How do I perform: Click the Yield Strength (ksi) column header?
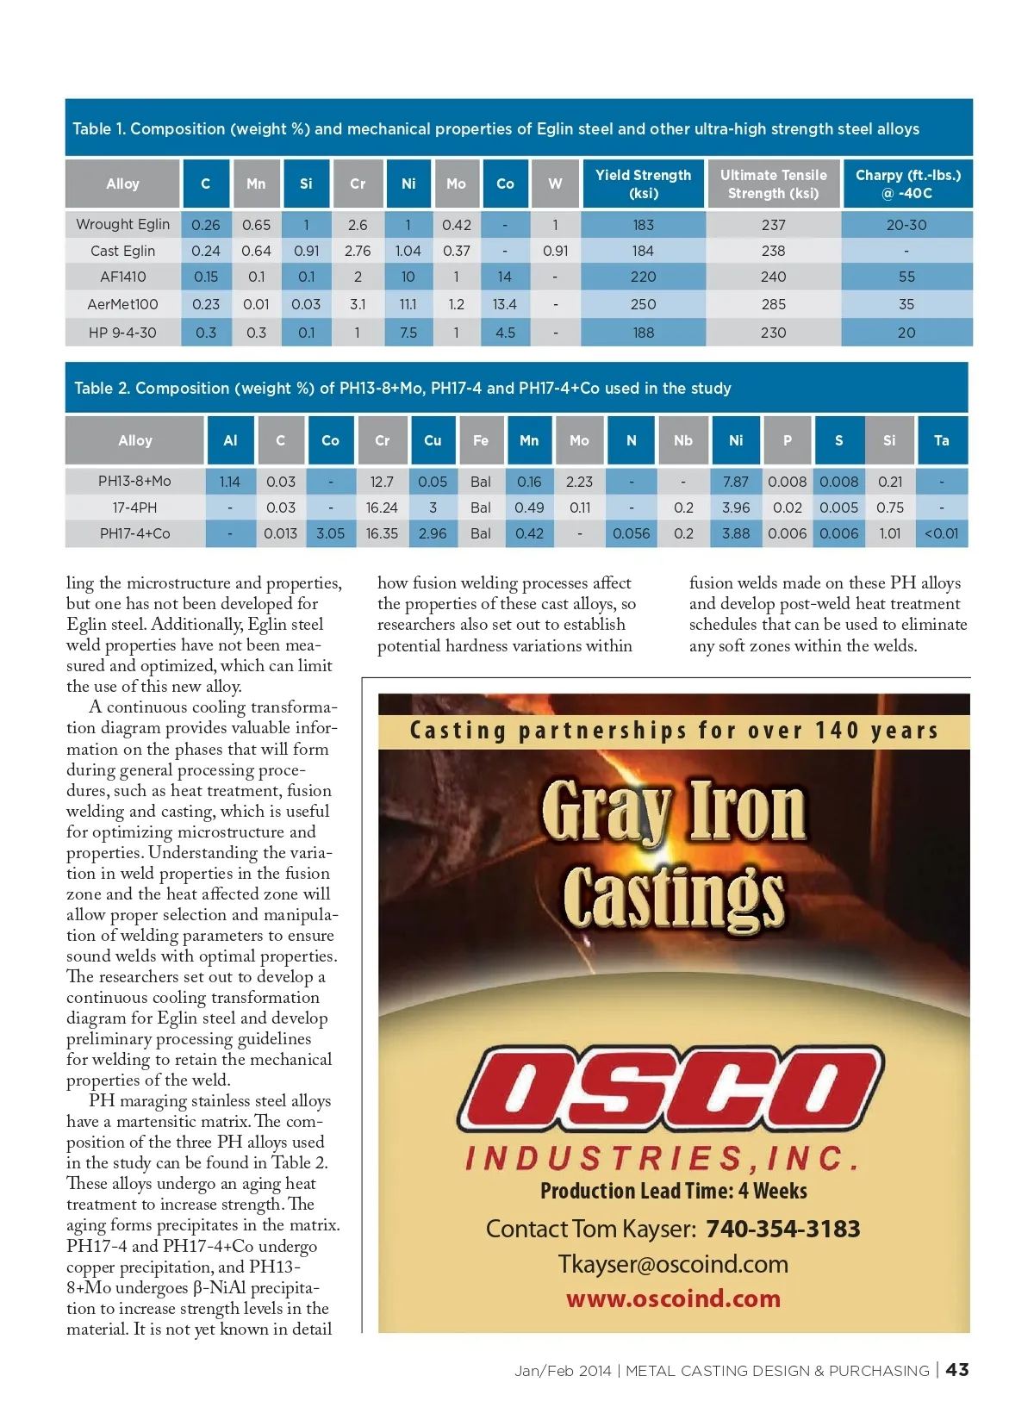click(x=643, y=184)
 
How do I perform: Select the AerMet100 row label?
click(x=122, y=304)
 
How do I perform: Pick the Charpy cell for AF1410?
click(x=906, y=277)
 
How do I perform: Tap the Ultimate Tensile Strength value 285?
click(x=773, y=304)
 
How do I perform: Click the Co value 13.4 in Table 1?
click(x=504, y=304)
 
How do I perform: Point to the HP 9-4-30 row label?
click(x=122, y=333)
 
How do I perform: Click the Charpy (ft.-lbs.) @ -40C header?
click(x=907, y=184)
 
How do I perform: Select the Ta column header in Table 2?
click(x=941, y=440)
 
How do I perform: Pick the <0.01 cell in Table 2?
click(x=941, y=533)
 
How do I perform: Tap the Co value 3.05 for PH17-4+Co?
click(x=330, y=533)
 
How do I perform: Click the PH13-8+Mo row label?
click(x=134, y=482)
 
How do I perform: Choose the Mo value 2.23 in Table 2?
click(x=579, y=482)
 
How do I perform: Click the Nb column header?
click(x=682, y=440)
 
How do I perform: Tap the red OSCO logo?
click(x=670, y=1089)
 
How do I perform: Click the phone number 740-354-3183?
click(x=782, y=1229)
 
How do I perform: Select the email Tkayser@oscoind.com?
click(x=673, y=1264)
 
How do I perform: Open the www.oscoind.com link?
click(x=673, y=1298)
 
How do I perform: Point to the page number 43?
click(x=956, y=1369)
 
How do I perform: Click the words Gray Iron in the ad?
click(x=674, y=810)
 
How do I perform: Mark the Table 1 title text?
click(x=495, y=129)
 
